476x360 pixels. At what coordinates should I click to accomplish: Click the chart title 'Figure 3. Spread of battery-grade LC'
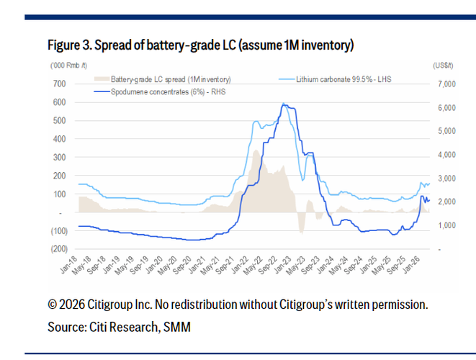click(201, 45)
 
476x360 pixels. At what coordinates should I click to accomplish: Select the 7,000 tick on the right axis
click(446, 84)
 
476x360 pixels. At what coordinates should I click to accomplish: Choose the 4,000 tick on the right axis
click(446, 155)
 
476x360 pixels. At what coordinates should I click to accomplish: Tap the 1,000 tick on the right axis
click(448, 225)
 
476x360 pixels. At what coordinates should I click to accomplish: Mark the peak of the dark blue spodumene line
click(283, 105)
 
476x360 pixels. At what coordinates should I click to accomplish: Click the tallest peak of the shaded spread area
click(254, 150)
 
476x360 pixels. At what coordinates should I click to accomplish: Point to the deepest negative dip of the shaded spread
click(300, 231)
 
